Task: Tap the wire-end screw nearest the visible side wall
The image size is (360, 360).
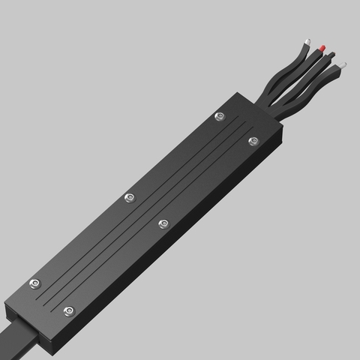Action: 253,140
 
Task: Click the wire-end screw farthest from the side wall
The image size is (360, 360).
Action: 219,116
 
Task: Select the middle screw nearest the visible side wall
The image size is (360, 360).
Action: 163,223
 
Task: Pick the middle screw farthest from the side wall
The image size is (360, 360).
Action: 129,198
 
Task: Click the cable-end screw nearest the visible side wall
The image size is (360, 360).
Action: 68,310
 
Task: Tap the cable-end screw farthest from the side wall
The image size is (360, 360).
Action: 34,284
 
